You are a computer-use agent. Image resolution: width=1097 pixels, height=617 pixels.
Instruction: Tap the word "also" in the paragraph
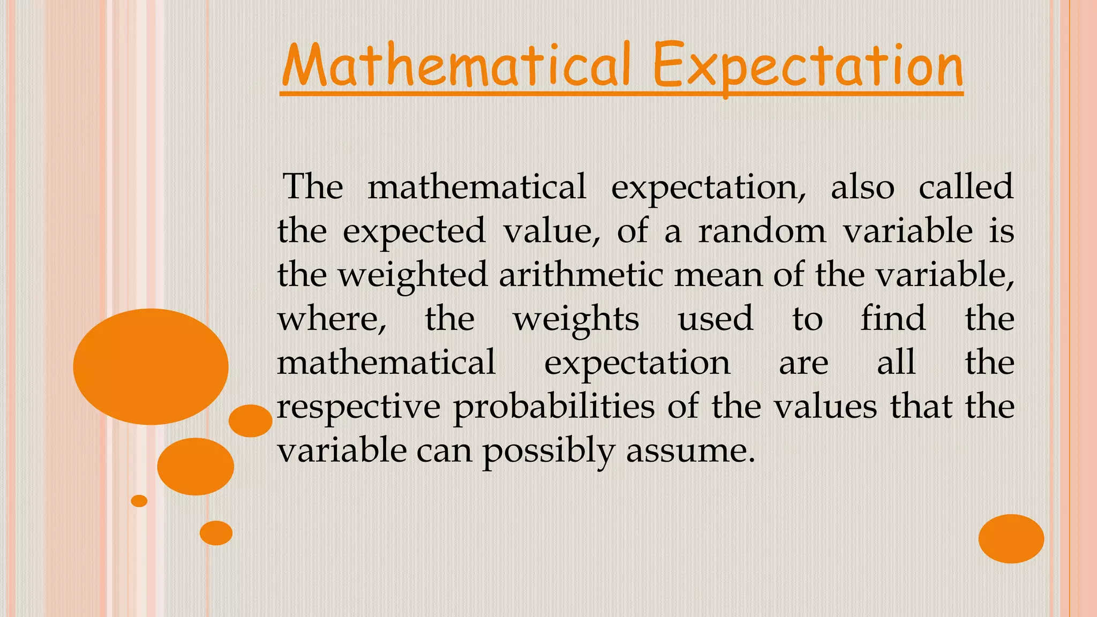tap(862, 187)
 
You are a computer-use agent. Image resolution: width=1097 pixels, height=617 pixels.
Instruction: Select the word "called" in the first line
tap(966, 187)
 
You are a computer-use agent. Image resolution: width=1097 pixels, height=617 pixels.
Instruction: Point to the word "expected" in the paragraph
tap(414, 232)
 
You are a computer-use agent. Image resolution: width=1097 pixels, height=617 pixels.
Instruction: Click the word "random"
tap(762, 231)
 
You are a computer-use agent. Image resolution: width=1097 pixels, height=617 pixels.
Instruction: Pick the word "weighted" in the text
tap(412, 275)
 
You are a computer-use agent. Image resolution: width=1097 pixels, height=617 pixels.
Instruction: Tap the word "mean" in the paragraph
tap(717, 275)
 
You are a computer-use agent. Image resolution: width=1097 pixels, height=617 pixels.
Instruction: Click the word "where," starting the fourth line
tap(332, 319)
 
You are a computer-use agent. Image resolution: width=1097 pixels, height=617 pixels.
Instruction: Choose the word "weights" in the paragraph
tap(576, 320)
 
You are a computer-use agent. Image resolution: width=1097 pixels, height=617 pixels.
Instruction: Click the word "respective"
tap(358, 407)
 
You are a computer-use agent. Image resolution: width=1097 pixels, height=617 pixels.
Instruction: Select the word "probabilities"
tap(554, 407)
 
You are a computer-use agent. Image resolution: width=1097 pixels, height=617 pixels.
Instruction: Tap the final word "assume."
tap(690, 452)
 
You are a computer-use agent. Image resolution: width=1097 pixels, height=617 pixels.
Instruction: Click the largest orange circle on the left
tap(151, 367)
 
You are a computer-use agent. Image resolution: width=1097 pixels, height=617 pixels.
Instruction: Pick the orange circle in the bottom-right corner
tap(1011, 538)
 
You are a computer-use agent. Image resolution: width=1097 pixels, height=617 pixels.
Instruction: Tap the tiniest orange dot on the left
tap(139, 501)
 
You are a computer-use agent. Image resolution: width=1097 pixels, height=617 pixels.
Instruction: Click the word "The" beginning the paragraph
tap(313, 187)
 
